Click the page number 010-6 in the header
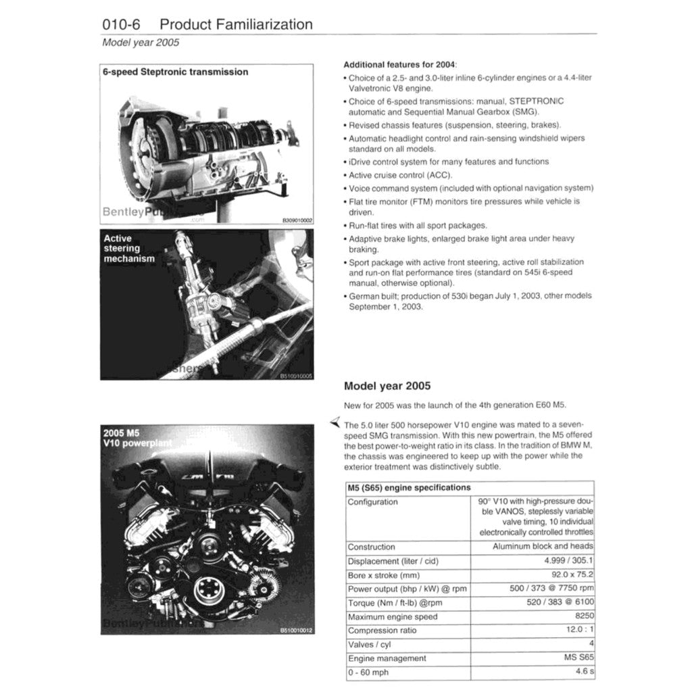121,24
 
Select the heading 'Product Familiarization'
236,24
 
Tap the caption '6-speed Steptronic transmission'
175,72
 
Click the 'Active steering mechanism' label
128,248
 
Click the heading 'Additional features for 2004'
400,64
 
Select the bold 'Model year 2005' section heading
387,387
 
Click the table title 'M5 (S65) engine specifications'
408,487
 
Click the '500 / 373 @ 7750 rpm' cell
551,589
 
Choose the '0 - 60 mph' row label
369,672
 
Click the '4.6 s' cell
584,672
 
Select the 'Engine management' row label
387,658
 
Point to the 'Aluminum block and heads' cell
543,546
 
